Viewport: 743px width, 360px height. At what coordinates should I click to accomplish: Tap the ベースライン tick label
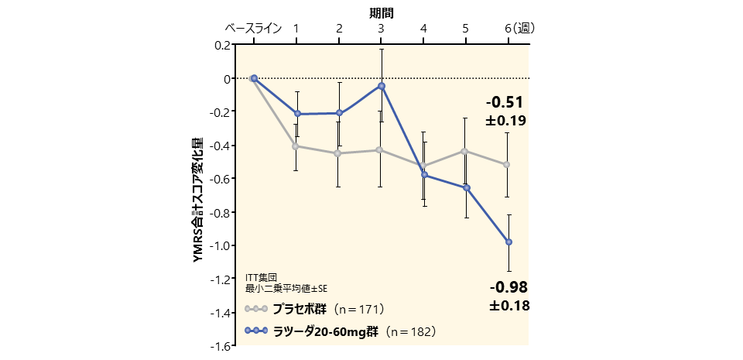click(253, 29)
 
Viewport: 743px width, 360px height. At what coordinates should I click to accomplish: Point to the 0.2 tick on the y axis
click(222, 45)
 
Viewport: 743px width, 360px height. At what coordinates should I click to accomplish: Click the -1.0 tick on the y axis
click(221, 245)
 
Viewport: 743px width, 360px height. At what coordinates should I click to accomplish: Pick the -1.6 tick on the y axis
click(221, 345)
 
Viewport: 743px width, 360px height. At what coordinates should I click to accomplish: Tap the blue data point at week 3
click(382, 86)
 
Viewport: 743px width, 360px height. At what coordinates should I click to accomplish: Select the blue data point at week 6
click(508, 242)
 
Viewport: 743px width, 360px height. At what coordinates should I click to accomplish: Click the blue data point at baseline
click(254, 78)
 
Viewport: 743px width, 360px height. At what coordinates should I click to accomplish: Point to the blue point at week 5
click(466, 187)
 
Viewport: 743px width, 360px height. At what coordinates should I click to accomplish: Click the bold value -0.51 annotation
click(505, 103)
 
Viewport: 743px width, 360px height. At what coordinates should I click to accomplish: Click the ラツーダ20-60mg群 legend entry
click(324, 331)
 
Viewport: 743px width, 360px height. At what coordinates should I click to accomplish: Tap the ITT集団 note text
click(260, 277)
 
